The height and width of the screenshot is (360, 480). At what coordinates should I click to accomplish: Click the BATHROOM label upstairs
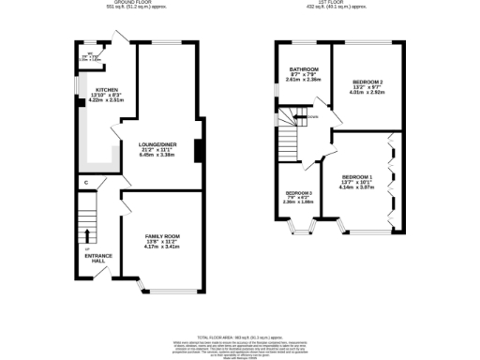(x=303, y=69)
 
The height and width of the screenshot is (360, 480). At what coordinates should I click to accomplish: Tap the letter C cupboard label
(x=86, y=182)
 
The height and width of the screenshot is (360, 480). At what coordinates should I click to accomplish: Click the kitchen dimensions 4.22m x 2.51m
(x=106, y=102)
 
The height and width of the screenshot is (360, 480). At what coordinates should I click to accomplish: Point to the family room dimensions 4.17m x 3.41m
(x=162, y=247)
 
